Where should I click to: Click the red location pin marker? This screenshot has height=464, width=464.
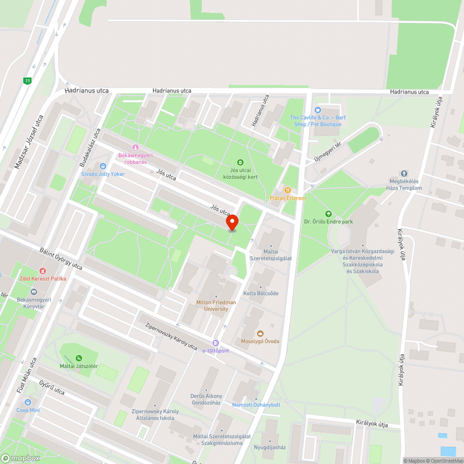[232, 222]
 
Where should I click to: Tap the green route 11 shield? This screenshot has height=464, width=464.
[27, 81]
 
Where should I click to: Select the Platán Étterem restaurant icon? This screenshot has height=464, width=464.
[288, 190]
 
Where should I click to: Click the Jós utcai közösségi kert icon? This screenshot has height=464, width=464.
[240, 162]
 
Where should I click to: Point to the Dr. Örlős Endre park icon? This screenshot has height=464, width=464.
[329, 213]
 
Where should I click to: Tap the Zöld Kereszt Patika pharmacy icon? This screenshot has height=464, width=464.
[43, 271]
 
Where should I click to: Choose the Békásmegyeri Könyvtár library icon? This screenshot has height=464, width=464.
[33, 292]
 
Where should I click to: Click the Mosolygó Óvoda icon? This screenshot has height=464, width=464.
[260, 333]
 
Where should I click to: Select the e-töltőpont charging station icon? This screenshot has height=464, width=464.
[215, 342]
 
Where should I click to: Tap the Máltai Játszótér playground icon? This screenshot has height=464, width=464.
[79, 358]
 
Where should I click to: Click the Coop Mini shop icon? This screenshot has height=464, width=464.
[28, 402]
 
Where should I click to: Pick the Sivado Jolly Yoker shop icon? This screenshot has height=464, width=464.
[103, 166]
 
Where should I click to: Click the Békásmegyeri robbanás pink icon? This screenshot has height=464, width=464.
[135, 147]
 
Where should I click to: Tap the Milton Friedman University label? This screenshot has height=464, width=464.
[216, 306]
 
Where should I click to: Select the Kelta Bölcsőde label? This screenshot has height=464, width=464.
[261, 293]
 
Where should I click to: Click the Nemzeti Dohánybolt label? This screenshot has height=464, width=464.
[256, 405]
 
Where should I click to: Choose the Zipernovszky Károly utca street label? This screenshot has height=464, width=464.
[171, 336]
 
